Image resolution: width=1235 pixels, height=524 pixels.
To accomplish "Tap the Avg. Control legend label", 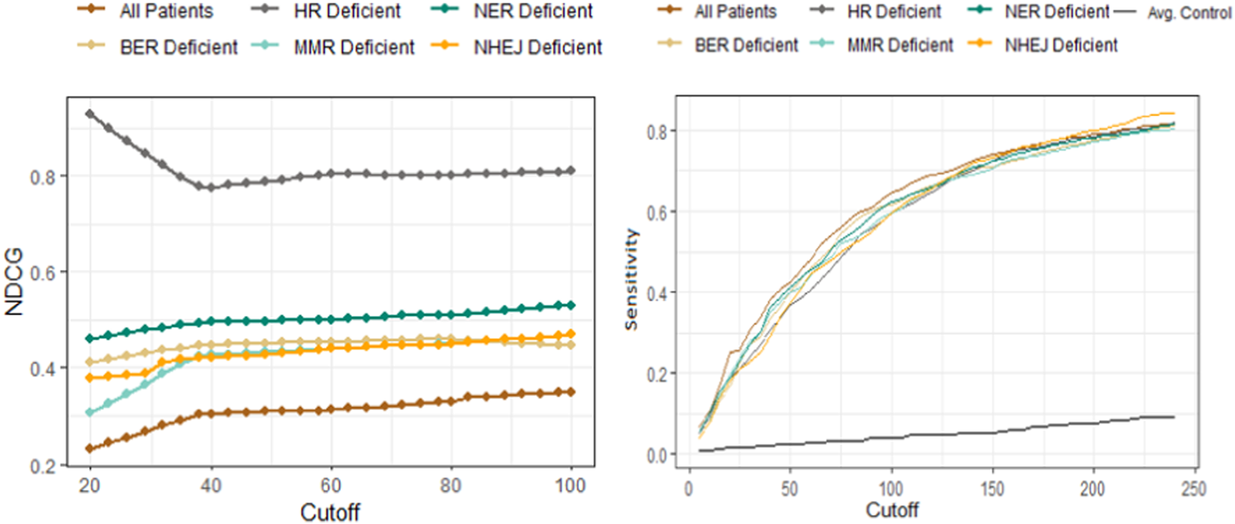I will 1189,13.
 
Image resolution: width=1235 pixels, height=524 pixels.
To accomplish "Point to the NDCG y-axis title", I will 14,281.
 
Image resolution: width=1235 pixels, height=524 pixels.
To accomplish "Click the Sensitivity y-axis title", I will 631,279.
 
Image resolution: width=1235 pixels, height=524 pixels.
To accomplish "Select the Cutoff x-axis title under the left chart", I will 330,512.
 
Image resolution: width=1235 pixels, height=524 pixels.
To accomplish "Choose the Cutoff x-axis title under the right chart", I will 892,510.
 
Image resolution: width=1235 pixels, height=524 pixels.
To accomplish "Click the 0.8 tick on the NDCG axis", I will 43,177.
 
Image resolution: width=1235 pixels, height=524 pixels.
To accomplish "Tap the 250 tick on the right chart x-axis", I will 1194,489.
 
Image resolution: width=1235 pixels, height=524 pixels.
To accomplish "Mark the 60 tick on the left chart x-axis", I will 331,485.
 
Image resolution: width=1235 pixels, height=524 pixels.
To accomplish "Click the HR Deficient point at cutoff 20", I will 90,114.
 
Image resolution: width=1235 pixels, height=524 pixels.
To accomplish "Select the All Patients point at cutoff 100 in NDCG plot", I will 571,392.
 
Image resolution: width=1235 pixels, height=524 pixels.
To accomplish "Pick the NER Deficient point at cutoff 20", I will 90,339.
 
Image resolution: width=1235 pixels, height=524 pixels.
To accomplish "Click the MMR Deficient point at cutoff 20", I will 90,413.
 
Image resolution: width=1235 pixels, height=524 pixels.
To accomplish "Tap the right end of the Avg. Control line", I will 1173,417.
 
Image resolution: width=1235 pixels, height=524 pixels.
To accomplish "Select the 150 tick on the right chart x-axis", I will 992,489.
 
